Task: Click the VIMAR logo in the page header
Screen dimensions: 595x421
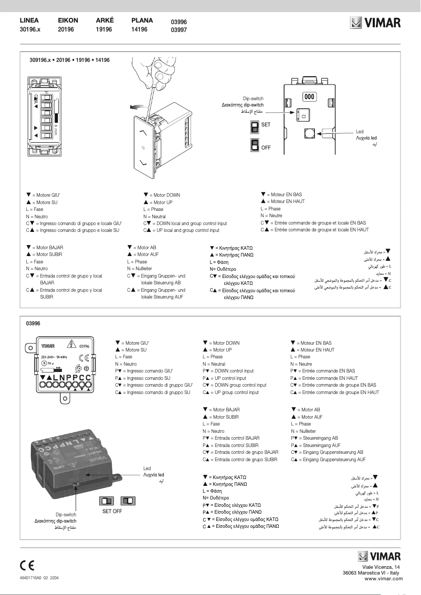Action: click(375, 23)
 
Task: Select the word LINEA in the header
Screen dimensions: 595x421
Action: click(29, 20)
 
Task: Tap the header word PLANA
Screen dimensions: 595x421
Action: click(142, 20)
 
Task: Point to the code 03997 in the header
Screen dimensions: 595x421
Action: click(178, 30)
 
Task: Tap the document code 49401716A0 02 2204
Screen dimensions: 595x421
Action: click(39, 577)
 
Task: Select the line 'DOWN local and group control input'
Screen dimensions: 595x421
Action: click(185, 223)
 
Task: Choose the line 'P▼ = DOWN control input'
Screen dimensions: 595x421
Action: click(228, 371)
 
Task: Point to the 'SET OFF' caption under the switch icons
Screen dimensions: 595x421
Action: click(112, 511)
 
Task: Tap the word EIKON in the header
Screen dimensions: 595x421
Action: click(68, 20)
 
